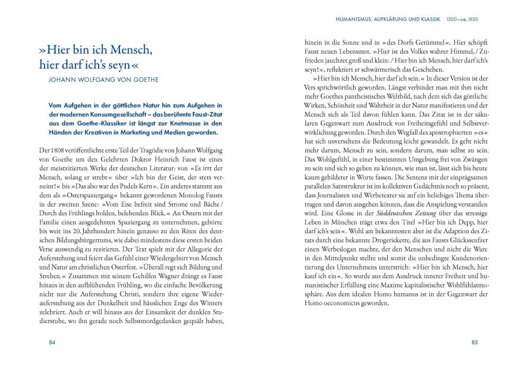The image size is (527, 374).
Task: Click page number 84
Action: tap(52, 342)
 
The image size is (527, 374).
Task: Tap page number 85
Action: tap(474, 342)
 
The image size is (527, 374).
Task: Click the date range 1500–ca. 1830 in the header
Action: tap(462, 20)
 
